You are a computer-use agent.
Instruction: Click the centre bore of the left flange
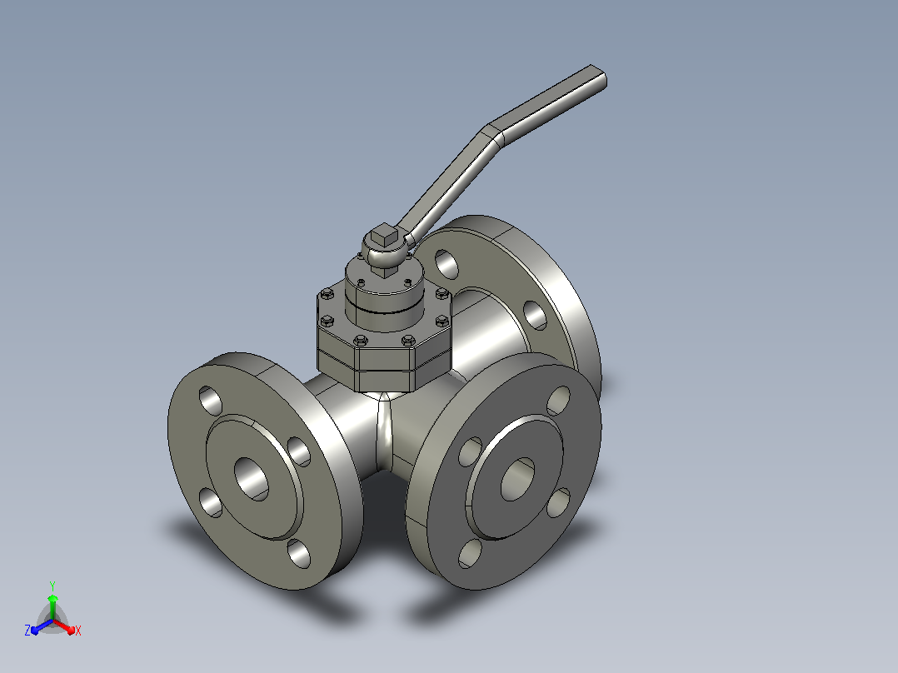coord(252,479)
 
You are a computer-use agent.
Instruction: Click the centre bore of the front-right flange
coord(517,479)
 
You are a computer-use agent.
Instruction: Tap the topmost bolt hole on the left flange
coord(210,401)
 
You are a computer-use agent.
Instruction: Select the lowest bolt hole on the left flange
coord(298,553)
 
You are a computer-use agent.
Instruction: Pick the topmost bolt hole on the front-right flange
coord(558,401)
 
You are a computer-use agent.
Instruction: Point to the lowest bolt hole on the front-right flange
coord(470,553)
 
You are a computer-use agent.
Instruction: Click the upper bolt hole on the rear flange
coord(447,264)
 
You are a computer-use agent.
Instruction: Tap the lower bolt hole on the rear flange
coord(535,316)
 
